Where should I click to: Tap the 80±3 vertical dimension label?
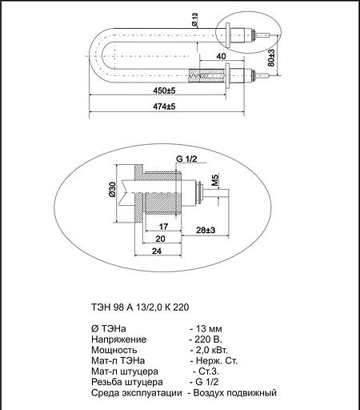(272, 58)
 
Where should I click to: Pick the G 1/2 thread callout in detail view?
(186, 159)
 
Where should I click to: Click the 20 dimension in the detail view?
(160, 239)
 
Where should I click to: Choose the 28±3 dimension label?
(206, 231)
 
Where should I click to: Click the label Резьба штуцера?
(125, 382)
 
